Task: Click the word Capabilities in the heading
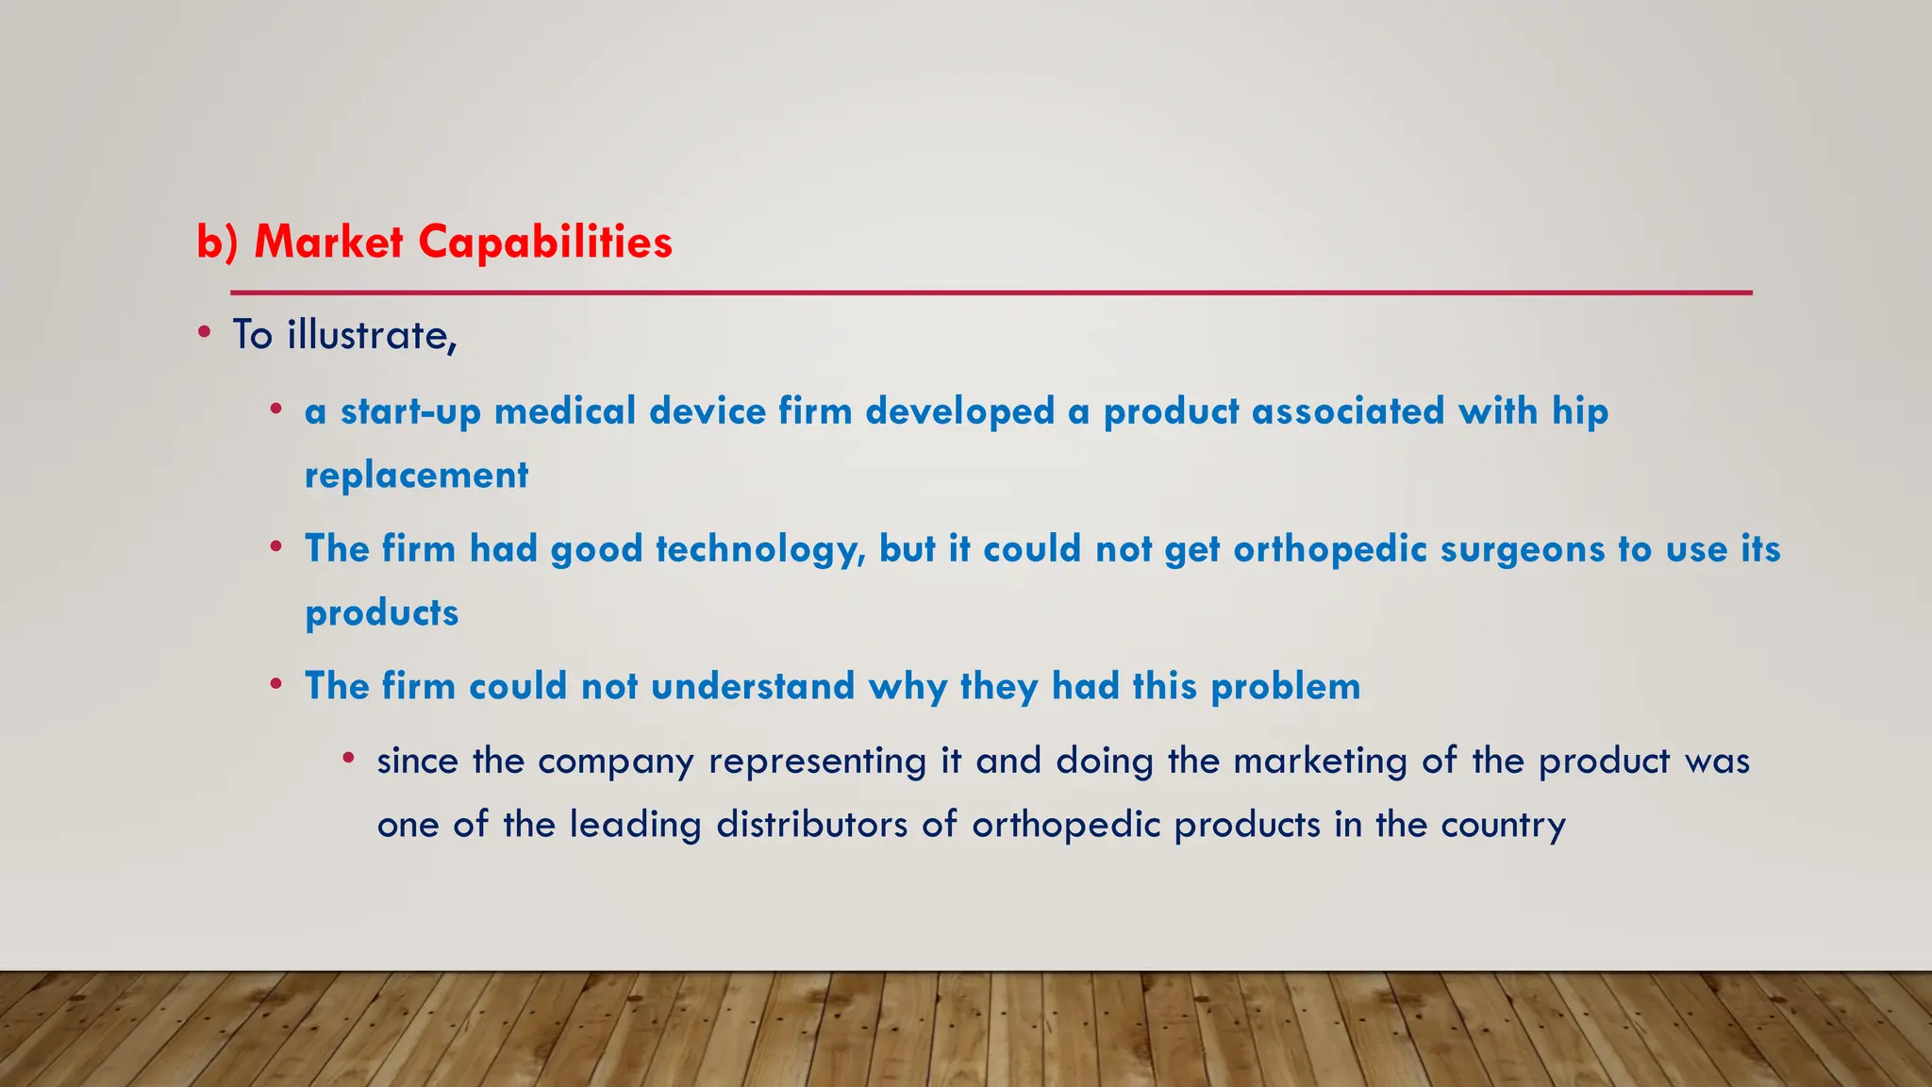[x=544, y=242]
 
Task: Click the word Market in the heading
[x=328, y=242]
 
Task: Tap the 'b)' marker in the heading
[x=217, y=242]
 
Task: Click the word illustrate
[x=372, y=336]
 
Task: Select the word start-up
[x=410, y=412]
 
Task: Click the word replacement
[x=416, y=476]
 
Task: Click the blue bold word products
[x=382, y=613]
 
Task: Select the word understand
[x=753, y=687]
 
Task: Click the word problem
[x=1285, y=687]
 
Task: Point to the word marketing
[x=1320, y=761]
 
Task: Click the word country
[x=1503, y=826]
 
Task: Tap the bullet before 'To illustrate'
[x=205, y=332]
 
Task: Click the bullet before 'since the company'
[x=348, y=758]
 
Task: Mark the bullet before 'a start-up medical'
[x=275, y=410]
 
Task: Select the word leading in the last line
[x=635, y=826]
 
